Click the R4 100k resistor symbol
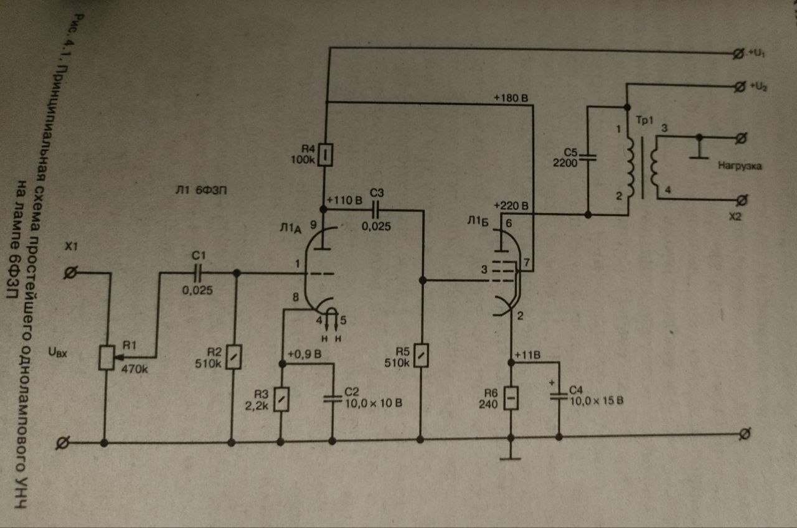[324, 154]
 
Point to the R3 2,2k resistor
[281, 399]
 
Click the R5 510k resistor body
[421, 355]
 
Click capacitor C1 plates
[199, 272]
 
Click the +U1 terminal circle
[738, 55]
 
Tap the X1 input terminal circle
[71, 272]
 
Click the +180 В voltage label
[511, 98]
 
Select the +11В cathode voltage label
[528, 355]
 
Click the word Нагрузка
[740, 166]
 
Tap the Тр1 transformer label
[644, 120]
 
